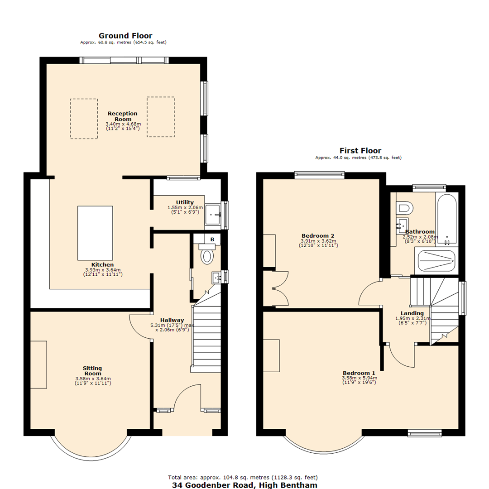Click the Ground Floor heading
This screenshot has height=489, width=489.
[x=125, y=36]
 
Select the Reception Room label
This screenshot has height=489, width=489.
[x=123, y=116]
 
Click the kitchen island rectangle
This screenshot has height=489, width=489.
[x=95, y=233]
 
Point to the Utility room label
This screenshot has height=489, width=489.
[x=185, y=202]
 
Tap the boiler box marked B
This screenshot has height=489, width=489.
[x=212, y=239]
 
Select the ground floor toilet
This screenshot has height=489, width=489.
[x=207, y=255]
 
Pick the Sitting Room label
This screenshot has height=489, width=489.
[x=92, y=371]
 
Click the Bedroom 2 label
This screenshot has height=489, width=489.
[x=318, y=236]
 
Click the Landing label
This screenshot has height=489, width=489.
[x=412, y=313]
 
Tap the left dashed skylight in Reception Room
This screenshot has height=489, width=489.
[x=84, y=119]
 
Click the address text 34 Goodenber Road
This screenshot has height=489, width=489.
[x=244, y=485]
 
